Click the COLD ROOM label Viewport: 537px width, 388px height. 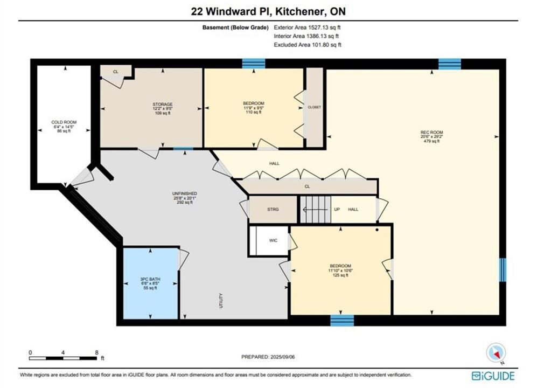(x=64, y=122)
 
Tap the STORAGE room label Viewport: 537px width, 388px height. (x=163, y=104)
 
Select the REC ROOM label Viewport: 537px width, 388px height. (x=431, y=133)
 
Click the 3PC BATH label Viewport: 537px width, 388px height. (x=150, y=279)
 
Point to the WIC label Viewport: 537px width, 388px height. (x=273, y=240)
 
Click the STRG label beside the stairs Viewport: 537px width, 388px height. (x=273, y=209)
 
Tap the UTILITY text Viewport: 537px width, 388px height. (x=221, y=301)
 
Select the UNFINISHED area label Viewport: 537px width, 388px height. (x=185, y=193)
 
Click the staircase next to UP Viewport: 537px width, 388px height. (x=316, y=209)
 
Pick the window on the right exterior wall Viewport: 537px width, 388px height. (x=503, y=270)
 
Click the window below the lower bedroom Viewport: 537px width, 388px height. (x=342, y=321)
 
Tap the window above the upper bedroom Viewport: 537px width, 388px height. (x=254, y=64)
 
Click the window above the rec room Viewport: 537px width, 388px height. (x=450, y=64)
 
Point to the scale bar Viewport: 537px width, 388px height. (x=63, y=358)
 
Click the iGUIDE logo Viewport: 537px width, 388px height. (x=493, y=376)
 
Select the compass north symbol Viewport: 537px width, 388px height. (x=496, y=352)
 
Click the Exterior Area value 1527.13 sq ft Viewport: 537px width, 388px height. (x=324, y=27)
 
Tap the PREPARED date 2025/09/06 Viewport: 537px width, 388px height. (x=283, y=357)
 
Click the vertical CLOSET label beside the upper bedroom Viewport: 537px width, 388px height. (x=315, y=107)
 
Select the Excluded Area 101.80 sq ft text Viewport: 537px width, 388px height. (x=308, y=45)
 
